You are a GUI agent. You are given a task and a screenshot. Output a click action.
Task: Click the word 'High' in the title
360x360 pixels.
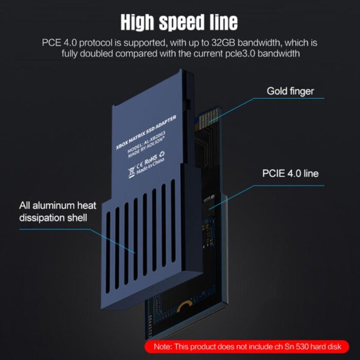(x=137, y=22)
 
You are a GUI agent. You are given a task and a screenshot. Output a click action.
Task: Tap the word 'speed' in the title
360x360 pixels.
(x=182, y=23)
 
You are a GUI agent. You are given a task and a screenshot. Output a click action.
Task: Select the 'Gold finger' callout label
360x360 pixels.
(x=290, y=91)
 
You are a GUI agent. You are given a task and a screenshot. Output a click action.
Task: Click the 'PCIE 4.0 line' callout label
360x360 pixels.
(x=291, y=173)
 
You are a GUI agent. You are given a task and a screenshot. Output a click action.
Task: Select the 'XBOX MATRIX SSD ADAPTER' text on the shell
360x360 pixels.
(x=146, y=133)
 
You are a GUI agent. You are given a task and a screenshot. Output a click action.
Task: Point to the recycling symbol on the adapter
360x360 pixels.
(x=161, y=154)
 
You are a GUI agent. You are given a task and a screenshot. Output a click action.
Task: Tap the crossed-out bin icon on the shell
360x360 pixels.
(x=131, y=173)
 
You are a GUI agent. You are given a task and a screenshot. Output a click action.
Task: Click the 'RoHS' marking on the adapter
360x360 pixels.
(x=151, y=158)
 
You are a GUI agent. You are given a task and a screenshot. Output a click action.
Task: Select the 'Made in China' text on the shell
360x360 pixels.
(x=150, y=166)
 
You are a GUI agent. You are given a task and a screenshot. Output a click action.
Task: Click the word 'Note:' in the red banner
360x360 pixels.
(x=163, y=347)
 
